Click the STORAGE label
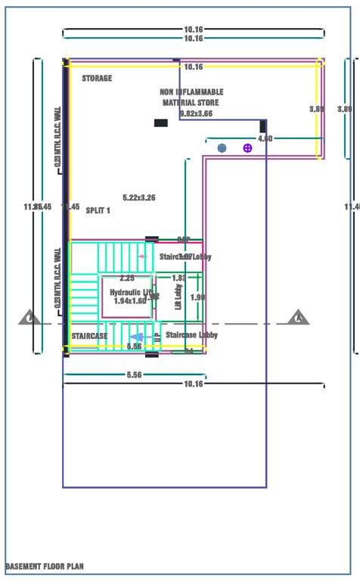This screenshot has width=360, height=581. click(97, 79)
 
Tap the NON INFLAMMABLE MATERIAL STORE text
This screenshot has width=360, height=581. click(191, 97)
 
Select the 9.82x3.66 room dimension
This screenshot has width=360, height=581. click(196, 113)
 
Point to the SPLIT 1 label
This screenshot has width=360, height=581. click(98, 210)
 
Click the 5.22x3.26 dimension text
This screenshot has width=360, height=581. click(139, 197)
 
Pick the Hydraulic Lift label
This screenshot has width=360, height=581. click(131, 292)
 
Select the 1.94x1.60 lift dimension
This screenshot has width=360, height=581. click(129, 301)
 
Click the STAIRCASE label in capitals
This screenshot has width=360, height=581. click(89, 335)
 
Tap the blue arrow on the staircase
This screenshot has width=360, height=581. click(137, 337)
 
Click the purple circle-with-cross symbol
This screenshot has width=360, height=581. click(247, 148)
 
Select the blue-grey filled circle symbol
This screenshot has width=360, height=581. click(222, 148)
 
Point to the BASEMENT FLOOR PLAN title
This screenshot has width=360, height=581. click(45, 566)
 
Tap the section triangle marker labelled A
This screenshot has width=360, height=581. click(298, 318)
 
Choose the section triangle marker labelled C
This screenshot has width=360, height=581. click(29, 318)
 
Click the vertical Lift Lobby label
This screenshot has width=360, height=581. click(178, 297)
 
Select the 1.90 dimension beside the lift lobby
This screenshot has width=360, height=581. click(197, 297)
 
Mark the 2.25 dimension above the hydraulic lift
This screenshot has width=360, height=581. click(127, 278)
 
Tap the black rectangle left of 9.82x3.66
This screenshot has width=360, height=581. click(160, 123)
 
